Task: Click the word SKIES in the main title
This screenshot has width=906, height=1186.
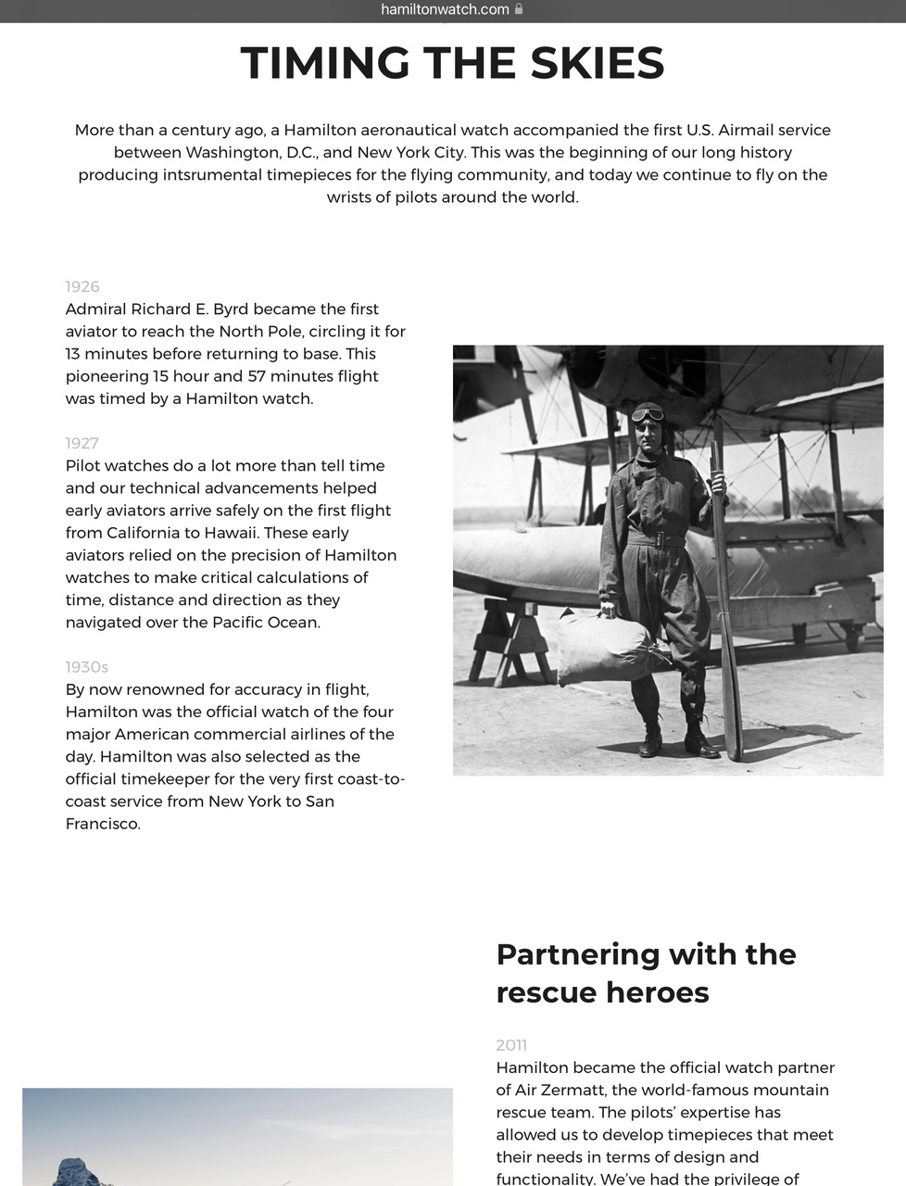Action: [598, 64]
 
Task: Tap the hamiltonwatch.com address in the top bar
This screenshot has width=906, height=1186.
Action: [445, 9]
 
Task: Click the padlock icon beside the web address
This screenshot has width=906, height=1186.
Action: [519, 9]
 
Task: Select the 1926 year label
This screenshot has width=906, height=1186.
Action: [82, 287]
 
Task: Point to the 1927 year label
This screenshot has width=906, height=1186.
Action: [82, 444]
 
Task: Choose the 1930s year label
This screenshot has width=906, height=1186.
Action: [86, 667]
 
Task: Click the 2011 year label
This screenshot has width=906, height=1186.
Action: [511, 1045]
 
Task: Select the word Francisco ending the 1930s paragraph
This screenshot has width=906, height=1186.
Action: [102, 824]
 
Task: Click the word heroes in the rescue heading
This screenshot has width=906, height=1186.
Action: [657, 992]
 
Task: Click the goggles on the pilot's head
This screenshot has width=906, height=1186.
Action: [648, 414]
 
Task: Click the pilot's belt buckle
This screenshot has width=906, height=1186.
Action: [659, 539]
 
